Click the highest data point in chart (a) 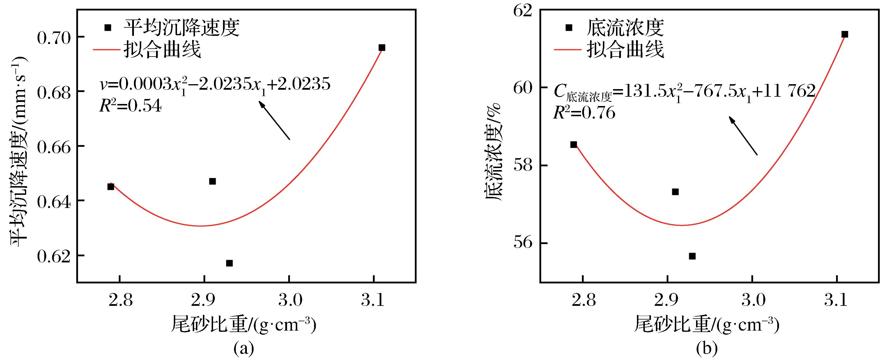click(x=382, y=47)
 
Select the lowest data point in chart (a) click(x=229, y=263)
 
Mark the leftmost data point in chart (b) click(x=573, y=144)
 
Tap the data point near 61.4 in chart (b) click(x=845, y=34)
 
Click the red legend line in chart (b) click(x=567, y=50)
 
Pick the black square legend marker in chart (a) click(x=108, y=27)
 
